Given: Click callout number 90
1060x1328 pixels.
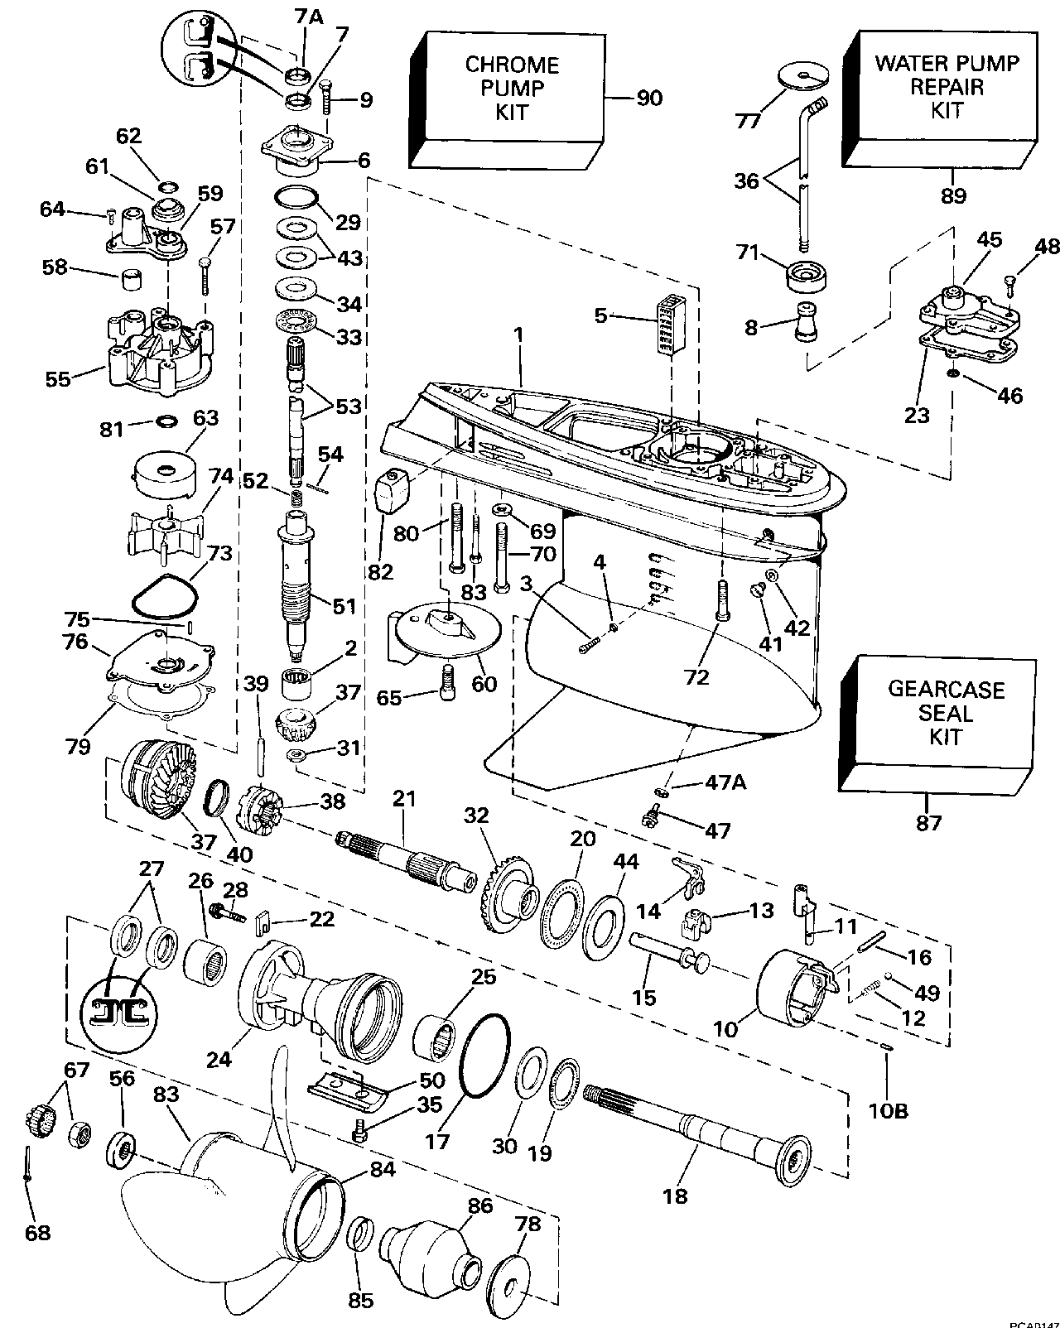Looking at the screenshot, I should tap(650, 99).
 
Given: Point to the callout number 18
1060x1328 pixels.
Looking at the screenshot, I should tap(676, 1196).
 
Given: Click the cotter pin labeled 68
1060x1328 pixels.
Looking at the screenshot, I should tap(27, 1165).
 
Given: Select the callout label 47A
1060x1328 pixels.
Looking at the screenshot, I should tap(725, 781).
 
